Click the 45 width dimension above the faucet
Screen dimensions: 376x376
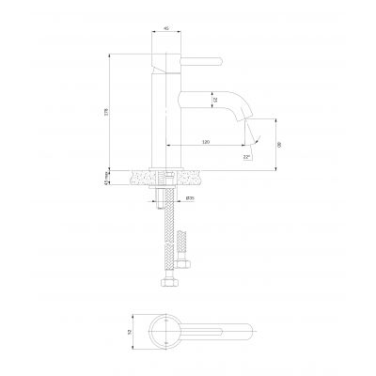tap(166, 27)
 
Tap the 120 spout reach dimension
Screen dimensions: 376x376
tap(205, 141)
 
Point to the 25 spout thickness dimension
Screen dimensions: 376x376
tap(215, 99)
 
